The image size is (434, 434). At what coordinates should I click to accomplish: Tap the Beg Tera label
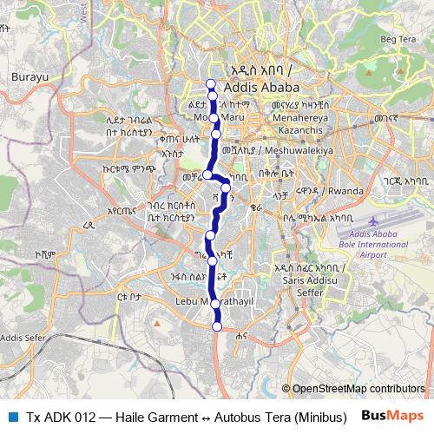point(398,39)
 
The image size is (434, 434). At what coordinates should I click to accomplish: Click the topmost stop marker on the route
point(210,83)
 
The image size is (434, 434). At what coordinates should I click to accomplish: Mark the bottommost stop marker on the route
point(217,326)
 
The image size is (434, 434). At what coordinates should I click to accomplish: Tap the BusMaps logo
point(393,416)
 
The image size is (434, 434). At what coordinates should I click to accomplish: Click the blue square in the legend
point(13,417)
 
